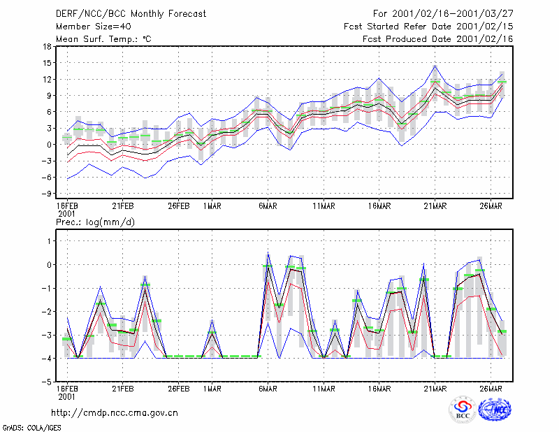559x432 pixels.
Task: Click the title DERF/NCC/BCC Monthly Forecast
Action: (x=131, y=14)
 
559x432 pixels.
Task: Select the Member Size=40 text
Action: (x=94, y=27)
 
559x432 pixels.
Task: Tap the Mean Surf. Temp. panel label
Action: (x=103, y=39)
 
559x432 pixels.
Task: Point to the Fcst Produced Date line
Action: (x=438, y=39)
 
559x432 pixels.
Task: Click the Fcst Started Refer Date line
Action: (x=428, y=27)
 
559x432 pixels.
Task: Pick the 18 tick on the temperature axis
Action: (x=47, y=46)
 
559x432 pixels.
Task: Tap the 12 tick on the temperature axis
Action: (x=47, y=79)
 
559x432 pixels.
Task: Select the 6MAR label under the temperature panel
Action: (x=268, y=206)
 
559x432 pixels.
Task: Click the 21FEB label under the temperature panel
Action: (x=123, y=206)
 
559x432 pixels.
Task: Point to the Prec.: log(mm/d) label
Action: (x=95, y=222)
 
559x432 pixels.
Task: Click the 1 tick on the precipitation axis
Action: (x=49, y=241)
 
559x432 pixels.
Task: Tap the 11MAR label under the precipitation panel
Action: (x=324, y=389)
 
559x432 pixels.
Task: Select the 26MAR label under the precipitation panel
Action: (x=491, y=389)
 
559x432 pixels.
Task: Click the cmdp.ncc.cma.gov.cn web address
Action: (x=115, y=413)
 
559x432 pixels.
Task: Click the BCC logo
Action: (x=463, y=410)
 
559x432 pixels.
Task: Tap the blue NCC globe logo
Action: (x=495, y=410)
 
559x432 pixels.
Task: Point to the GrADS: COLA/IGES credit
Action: (x=32, y=428)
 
